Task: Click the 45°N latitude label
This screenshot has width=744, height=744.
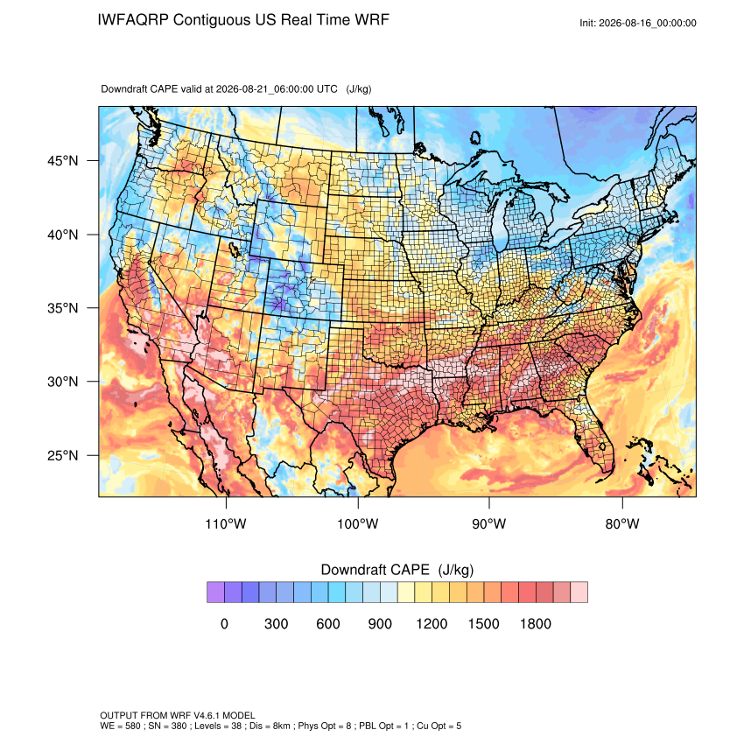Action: pyautogui.click(x=63, y=161)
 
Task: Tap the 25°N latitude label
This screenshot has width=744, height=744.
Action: pyautogui.click(x=63, y=455)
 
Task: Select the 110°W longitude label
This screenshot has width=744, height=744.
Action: pyautogui.click(x=226, y=523)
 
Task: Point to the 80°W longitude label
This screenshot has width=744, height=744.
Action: pyautogui.click(x=622, y=523)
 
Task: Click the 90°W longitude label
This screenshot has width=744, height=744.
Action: pyautogui.click(x=488, y=523)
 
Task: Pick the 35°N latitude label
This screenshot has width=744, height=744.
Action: pyautogui.click(x=63, y=308)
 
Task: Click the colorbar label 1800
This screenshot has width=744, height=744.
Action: pyautogui.click(x=535, y=623)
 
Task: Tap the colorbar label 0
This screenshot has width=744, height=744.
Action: pyautogui.click(x=224, y=623)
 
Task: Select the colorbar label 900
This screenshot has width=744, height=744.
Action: pyautogui.click(x=380, y=623)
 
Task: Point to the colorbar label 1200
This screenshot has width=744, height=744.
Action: pyautogui.click(x=432, y=623)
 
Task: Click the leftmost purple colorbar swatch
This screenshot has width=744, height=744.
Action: pyautogui.click(x=215, y=593)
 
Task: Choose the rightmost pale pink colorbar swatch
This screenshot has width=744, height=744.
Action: pyautogui.click(x=579, y=593)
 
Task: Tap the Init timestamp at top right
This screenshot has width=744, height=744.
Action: pyautogui.click(x=638, y=23)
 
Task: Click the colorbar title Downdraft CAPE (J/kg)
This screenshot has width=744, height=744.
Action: pyautogui.click(x=397, y=570)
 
